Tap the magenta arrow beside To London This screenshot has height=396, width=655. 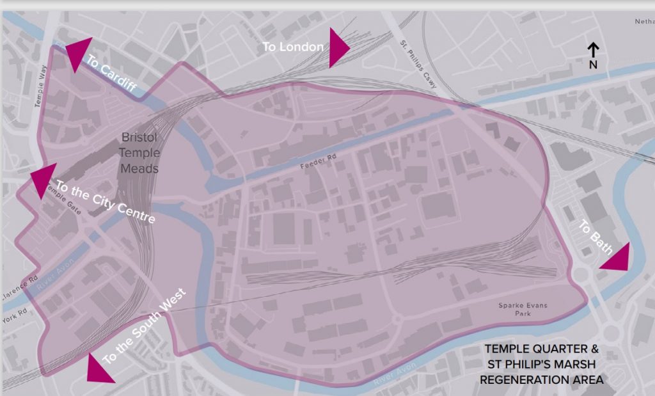[337, 48]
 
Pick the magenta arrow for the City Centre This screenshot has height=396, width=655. [42, 179]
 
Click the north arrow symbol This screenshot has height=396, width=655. [593, 50]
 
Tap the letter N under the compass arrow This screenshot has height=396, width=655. [593, 65]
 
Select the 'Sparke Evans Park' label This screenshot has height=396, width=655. [523, 310]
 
